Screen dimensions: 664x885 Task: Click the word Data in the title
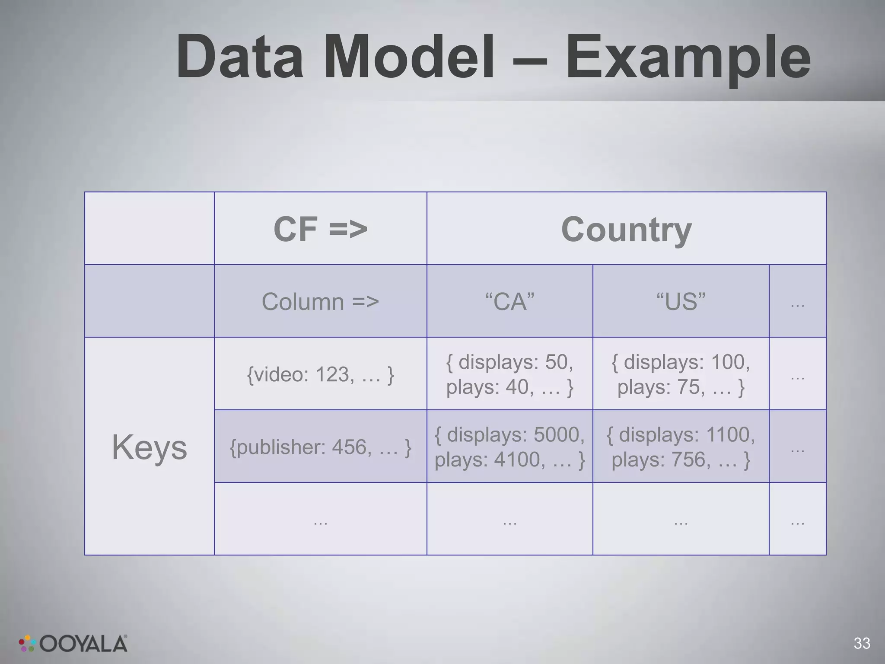coord(240,57)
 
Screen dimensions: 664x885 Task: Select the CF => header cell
coord(320,229)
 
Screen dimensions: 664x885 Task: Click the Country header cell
coord(626,229)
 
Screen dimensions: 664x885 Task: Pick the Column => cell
coord(320,301)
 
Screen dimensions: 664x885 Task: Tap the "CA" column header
coord(509,301)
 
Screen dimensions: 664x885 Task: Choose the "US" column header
coord(681,301)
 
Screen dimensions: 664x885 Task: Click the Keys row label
coord(149,447)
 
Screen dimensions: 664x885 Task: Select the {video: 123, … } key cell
coord(320,374)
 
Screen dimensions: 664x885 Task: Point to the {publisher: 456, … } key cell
coord(320,447)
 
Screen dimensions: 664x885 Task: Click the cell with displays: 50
coord(509,374)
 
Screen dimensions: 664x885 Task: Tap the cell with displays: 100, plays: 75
coord(681,374)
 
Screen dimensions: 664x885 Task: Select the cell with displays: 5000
coord(509,447)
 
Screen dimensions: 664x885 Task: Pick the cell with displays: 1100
coord(681,447)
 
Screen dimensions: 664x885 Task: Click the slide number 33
coord(862,643)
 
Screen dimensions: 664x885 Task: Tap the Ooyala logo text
coord(84,644)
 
